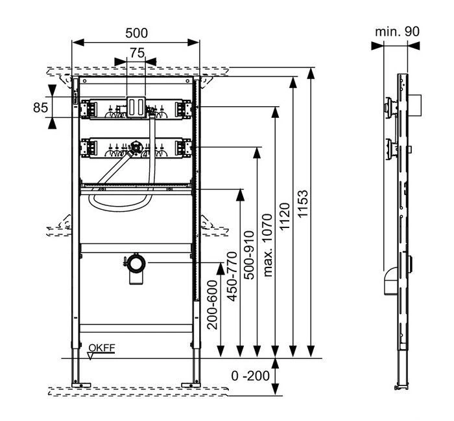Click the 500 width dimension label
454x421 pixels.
[x=136, y=32]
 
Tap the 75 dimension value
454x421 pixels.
[x=136, y=54]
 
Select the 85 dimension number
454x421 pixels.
[x=41, y=107]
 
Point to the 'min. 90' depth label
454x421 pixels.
[x=397, y=31]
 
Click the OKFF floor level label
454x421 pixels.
[x=101, y=348]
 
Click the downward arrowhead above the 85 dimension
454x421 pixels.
[x=51, y=91]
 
